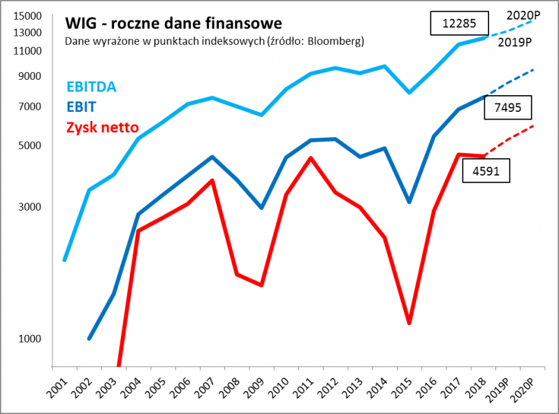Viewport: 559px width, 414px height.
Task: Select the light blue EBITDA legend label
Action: [92, 87]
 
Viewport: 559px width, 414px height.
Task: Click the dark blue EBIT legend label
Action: [82, 107]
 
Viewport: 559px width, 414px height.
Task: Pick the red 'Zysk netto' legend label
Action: [102, 128]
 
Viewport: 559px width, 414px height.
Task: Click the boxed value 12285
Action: [459, 23]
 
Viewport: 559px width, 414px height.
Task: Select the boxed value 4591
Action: [486, 170]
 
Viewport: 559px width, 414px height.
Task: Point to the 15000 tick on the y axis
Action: [28, 16]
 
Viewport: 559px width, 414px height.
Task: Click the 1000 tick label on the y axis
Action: [31, 338]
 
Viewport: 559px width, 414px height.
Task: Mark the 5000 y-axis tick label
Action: [31, 145]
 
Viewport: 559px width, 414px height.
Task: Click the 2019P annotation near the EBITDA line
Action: [515, 43]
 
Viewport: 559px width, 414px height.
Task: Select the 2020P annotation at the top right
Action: [524, 13]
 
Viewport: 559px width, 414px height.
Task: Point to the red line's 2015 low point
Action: [409, 323]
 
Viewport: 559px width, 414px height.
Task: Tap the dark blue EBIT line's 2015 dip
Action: [409, 202]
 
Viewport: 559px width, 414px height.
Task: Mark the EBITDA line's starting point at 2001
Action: [65, 260]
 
